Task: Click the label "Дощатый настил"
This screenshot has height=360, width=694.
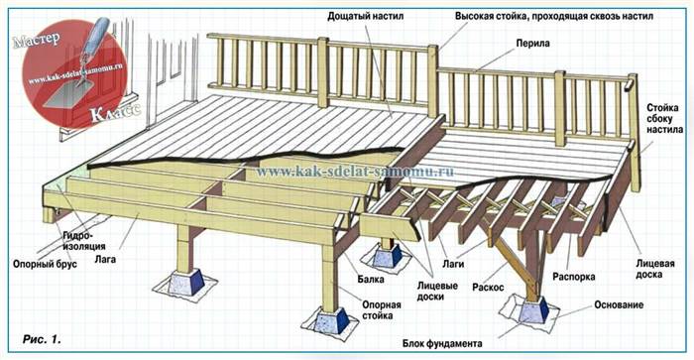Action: [365, 17]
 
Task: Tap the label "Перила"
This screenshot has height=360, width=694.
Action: [532, 44]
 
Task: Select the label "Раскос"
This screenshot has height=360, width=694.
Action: [488, 288]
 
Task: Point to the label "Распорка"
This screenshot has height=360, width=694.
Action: [574, 277]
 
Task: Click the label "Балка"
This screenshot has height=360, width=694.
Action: [371, 280]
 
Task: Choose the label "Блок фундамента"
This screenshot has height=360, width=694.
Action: [442, 343]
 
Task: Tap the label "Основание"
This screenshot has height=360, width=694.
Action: [619, 305]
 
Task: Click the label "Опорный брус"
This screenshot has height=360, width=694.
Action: [45, 265]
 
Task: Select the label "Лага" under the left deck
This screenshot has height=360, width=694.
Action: [105, 259]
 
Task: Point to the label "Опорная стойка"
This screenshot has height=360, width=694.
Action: [382, 310]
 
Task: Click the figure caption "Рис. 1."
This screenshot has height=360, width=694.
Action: [42, 339]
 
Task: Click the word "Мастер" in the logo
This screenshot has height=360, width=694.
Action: [37, 40]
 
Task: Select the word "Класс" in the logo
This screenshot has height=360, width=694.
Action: [116, 113]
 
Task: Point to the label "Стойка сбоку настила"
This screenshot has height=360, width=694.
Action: [664, 119]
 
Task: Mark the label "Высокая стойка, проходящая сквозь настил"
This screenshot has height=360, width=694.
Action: [554, 17]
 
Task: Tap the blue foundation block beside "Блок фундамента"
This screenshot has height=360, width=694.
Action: [533, 310]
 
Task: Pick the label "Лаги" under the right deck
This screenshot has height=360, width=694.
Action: [453, 264]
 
